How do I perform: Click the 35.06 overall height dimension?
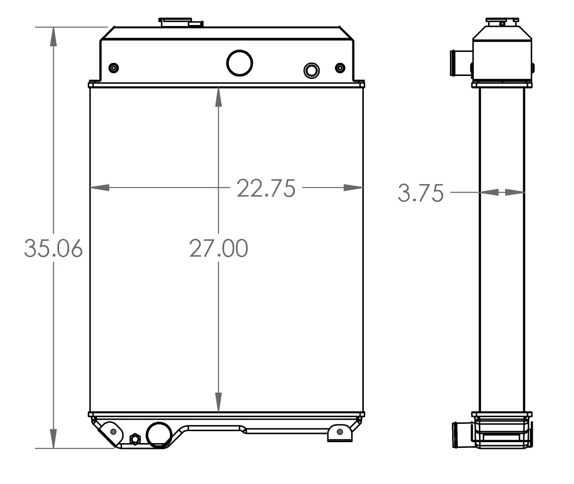(53, 248)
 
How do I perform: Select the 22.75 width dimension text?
(266, 188)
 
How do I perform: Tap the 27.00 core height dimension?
(218, 248)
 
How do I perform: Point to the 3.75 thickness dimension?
(420, 193)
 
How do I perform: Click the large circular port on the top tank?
(239, 62)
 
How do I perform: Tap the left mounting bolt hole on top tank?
(113, 68)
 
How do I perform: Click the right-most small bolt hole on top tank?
(340, 68)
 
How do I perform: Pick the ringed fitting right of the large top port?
(311, 71)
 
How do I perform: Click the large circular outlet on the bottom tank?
(159, 434)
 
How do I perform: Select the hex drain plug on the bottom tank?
(135, 438)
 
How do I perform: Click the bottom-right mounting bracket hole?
(340, 431)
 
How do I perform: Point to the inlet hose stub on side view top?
(455, 63)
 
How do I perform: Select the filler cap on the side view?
(502, 22)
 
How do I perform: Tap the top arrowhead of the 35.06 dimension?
(53, 36)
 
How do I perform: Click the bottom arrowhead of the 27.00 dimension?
(218, 403)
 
